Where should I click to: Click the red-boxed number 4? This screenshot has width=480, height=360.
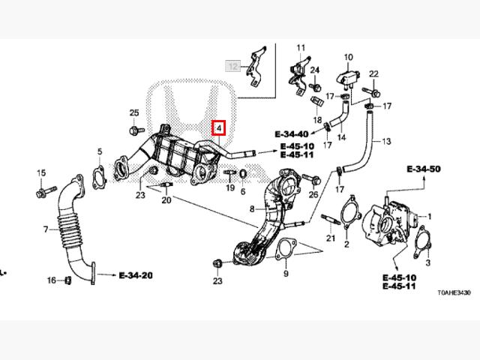pyautogui.click(x=218, y=127)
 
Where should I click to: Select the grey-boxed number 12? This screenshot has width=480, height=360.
pyautogui.click(x=234, y=67)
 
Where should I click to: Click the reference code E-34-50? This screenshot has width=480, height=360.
pyautogui.click(x=424, y=170)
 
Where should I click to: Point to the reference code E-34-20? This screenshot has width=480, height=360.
pyautogui.click(x=136, y=275)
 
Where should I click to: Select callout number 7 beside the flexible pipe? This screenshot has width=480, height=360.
pyautogui.click(x=46, y=229)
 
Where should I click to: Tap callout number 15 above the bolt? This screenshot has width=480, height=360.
pyautogui.click(x=41, y=174)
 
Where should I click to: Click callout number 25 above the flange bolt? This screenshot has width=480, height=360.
pyautogui.click(x=133, y=112)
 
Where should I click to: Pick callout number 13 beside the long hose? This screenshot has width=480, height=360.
pyautogui.click(x=386, y=141)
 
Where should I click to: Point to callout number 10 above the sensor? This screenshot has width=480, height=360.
pyautogui.click(x=348, y=57)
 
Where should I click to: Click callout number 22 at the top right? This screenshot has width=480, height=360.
pyautogui.click(x=373, y=73)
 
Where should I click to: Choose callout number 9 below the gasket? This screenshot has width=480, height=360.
pyautogui.click(x=286, y=274)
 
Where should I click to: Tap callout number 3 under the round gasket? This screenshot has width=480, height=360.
pyautogui.click(x=427, y=263)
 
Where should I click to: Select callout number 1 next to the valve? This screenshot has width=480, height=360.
pyautogui.click(x=430, y=216)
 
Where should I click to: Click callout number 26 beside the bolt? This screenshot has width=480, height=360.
pyautogui.click(x=313, y=194)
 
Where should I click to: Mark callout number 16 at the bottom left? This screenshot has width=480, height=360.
pyautogui.click(x=52, y=280)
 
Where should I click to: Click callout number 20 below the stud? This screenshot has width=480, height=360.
pyautogui.click(x=166, y=200)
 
